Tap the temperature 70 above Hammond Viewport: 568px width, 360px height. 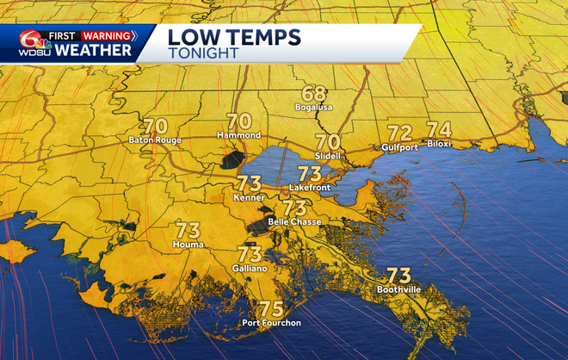click(238, 122)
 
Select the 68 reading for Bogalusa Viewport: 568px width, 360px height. click(313, 94)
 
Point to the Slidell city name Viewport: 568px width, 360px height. click(328, 156)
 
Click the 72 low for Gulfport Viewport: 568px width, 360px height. click(399, 133)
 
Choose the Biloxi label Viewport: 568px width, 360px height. click(438, 145)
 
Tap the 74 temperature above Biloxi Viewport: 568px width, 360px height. click(439, 130)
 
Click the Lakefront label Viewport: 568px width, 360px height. click(310, 186)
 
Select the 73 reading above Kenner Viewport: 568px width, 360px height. click(249, 183)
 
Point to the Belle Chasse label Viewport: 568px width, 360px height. click(295, 222)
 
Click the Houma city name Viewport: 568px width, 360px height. click(188, 245)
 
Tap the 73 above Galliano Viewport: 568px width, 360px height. click(250, 254)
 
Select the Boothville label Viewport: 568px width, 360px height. click(398, 290)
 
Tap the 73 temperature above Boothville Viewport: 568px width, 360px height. click(398, 276)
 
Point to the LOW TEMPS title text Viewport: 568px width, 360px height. click(233, 36)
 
